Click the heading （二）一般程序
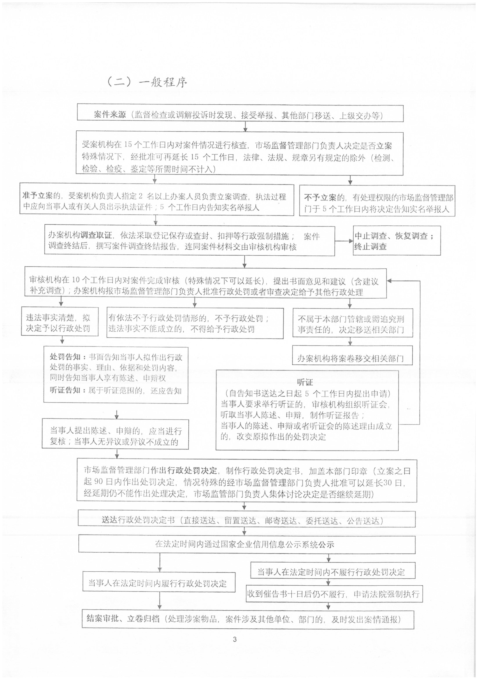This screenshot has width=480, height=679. tap(147, 82)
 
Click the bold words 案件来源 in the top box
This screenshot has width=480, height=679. tap(110, 115)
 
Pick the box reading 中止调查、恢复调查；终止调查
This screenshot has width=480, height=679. tap(397, 241)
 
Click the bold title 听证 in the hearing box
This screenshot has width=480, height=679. tap(305, 382)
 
